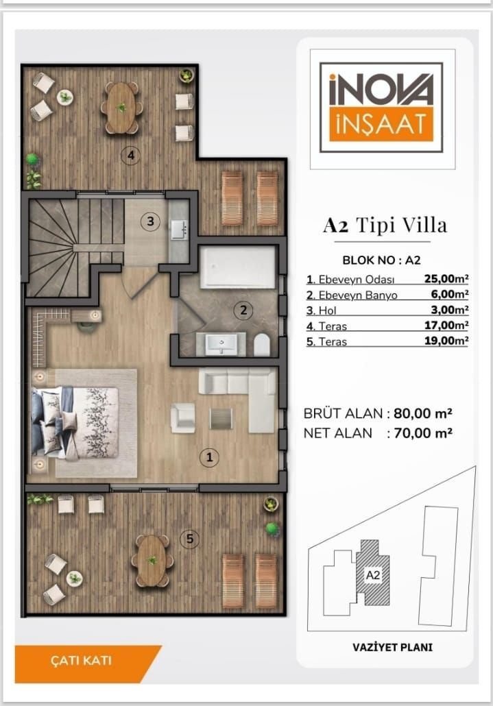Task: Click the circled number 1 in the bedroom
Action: tap(209, 457)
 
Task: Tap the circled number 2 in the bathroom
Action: tap(243, 311)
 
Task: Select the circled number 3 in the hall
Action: tap(150, 221)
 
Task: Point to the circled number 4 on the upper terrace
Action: tap(131, 156)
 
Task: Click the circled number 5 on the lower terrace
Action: tap(189, 539)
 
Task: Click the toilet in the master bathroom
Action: tap(261, 345)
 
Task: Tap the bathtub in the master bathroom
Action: tap(238, 267)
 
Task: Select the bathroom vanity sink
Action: tap(221, 345)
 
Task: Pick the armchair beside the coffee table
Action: tap(183, 418)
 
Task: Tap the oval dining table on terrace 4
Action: tap(121, 108)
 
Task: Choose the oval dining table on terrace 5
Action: tap(152, 561)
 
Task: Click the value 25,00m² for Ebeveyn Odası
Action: tap(446, 279)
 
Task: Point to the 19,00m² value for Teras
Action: tap(446, 341)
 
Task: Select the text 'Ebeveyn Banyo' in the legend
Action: tap(358, 295)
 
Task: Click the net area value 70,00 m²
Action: tap(423, 433)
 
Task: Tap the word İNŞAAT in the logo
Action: tap(381, 124)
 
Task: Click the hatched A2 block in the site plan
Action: tap(372, 572)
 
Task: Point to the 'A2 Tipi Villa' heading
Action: tap(385, 225)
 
